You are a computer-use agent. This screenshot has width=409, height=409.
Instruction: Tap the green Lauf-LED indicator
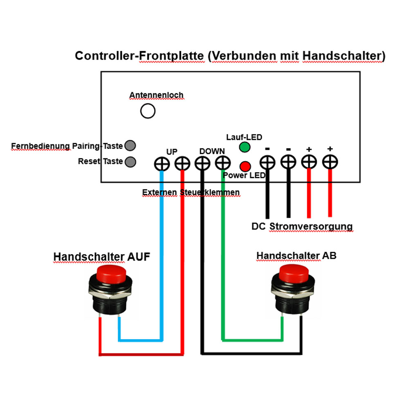[x=245, y=147]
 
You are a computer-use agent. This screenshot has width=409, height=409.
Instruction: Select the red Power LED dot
[x=245, y=166]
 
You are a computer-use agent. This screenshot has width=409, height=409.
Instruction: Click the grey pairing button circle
[x=130, y=146]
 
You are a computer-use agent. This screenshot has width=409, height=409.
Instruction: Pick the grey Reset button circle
[x=130, y=162]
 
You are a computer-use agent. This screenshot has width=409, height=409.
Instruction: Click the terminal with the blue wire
[x=162, y=164]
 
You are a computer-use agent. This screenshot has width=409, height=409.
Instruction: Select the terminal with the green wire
[x=223, y=163]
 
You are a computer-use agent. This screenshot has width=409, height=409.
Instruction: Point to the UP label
[x=172, y=152]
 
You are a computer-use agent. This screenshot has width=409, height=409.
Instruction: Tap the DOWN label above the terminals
[x=212, y=151]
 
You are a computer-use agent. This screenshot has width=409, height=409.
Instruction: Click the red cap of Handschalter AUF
[x=111, y=274]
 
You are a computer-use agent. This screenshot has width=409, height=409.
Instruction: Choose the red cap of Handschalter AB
[x=294, y=273]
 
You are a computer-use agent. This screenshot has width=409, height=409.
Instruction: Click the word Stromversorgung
[x=311, y=227]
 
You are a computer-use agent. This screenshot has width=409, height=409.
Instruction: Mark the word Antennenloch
[x=157, y=95]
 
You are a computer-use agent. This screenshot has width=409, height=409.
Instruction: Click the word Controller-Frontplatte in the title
[x=139, y=56]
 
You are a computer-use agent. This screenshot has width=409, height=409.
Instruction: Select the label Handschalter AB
[x=296, y=256]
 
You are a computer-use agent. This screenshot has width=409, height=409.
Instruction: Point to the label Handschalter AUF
[x=102, y=257]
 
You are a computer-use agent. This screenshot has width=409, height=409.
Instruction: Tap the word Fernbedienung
[x=40, y=146]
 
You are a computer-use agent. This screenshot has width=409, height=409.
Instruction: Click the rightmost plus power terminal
[x=330, y=162]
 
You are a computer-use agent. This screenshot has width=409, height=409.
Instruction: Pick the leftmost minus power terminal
[x=267, y=162]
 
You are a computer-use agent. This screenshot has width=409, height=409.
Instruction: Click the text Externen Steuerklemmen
[x=191, y=192]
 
